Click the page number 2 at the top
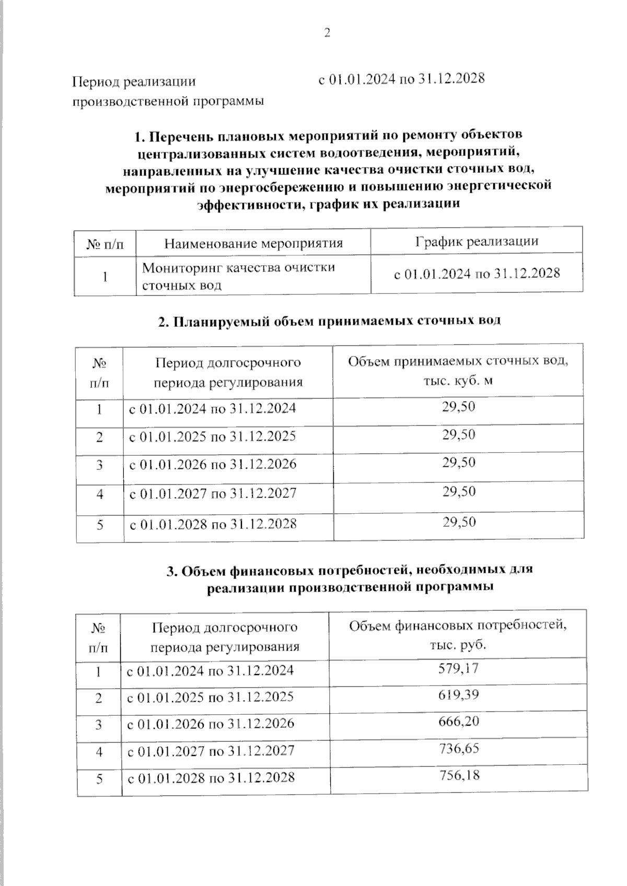tap(328, 33)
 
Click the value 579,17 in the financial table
tap(458, 668)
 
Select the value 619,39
tap(458, 695)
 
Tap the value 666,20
tap(458, 722)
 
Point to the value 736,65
tap(458, 749)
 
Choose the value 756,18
tap(459, 775)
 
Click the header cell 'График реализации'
tap(477, 242)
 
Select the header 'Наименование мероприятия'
tap(253, 243)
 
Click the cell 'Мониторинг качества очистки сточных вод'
tap(238, 276)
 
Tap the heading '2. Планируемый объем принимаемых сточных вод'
tap(329, 321)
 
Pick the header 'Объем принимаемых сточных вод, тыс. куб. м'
tap(458, 371)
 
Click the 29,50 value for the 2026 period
tap(459, 463)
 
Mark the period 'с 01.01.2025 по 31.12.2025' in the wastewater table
tap(212, 436)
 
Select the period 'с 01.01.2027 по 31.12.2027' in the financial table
tap(211, 751)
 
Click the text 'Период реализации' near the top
tap(134, 81)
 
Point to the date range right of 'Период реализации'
tap(401, 79)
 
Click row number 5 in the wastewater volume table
tap(100, 524)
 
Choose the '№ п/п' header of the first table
tap(104, 244)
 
